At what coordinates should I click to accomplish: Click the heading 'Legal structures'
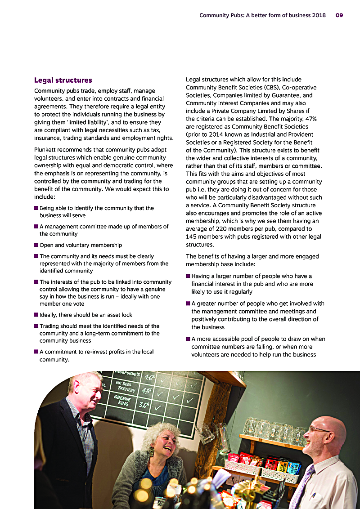[x=63, y=80]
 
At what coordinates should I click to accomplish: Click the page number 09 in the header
[x=339, y=15]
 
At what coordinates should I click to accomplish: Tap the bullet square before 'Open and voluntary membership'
[x=36, y=246]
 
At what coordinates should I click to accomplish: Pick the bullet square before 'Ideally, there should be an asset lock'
[x=36, y=315]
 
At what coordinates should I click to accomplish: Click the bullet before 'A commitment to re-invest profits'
[x=36, y=352]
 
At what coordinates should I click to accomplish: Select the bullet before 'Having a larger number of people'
[x=188, y=276]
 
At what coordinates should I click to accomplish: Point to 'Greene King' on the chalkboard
[x=122, y=401]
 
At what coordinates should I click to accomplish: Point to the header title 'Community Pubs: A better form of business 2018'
[x=262, y=15]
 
